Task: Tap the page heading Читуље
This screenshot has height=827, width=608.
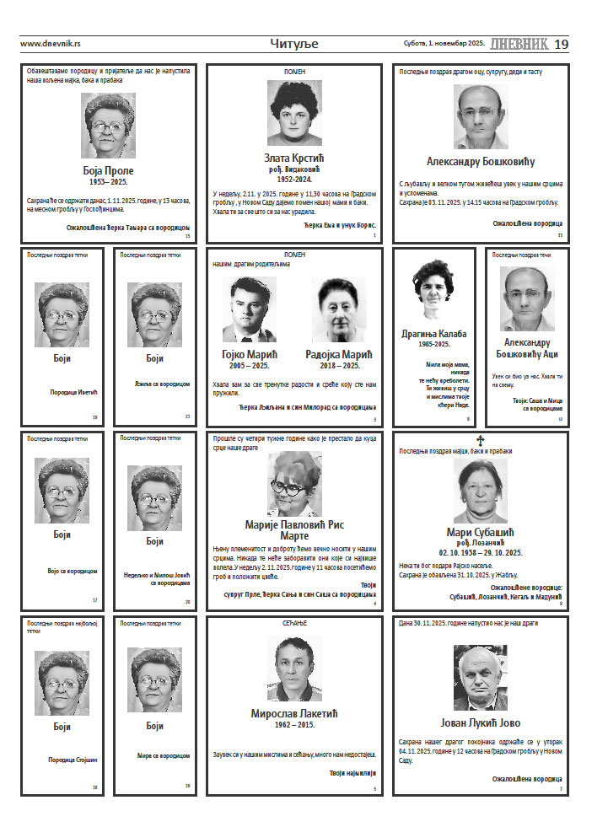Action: pos(294,44)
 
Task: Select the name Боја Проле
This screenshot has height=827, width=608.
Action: pos(108,169)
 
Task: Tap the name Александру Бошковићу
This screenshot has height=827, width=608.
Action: pos(481,162)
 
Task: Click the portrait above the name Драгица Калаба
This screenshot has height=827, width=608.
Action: pos(433,291)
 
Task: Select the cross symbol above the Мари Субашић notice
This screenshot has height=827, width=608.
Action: pos(481,440)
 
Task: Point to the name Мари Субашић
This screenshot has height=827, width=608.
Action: pos(480,532)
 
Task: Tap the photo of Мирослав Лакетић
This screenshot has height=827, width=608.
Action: pos(294,668)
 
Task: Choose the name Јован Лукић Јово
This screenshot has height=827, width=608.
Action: pos(481,722)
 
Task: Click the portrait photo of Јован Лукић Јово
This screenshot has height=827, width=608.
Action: pos(480,678)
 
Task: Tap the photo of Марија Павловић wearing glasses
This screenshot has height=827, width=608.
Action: pos(294,483)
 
